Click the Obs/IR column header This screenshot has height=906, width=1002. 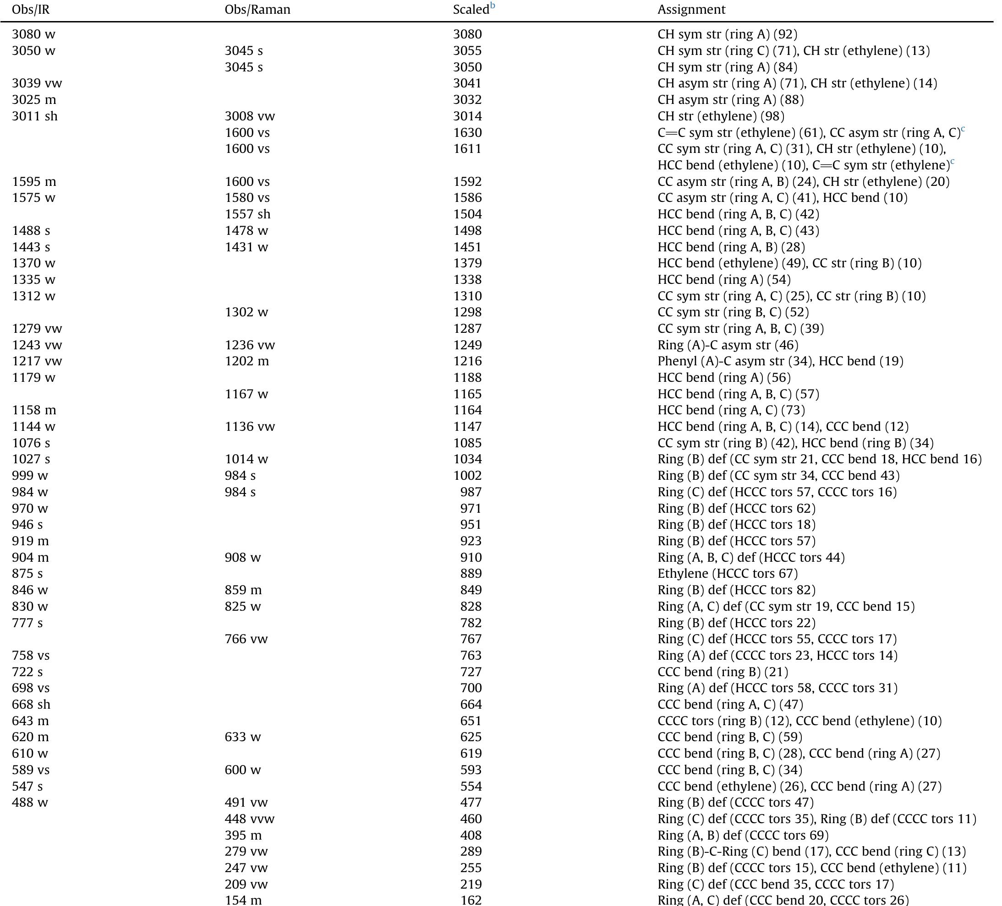click(x=31, y=10)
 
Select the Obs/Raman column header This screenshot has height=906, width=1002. click(x=257, y=10)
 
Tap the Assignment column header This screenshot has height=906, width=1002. click(x=691, y=10)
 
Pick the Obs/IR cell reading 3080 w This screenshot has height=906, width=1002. click(x=33, y=34)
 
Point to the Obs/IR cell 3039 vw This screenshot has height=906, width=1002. click(x=37, y=83)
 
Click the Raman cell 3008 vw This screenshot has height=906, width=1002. click(x=250, y=116)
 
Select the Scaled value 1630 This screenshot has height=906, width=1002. click(x=467, y=133)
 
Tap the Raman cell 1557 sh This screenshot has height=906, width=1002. click(x=247, y=214)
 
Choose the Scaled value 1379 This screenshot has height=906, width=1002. click(x=467, y=263)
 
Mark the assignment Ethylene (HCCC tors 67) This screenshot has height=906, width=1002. click(x=727, y=574)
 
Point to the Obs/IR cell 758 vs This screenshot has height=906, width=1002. click(x=31, y=656)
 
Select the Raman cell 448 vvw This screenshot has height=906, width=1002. click(x=250, y=819)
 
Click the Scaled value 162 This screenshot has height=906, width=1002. click(x=471, y=900)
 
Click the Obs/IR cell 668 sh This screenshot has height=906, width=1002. click(x=31, y=704)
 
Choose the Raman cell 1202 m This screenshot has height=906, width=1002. click(x=246, y=361)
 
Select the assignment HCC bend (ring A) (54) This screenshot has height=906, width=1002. click(x=724, y=280)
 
